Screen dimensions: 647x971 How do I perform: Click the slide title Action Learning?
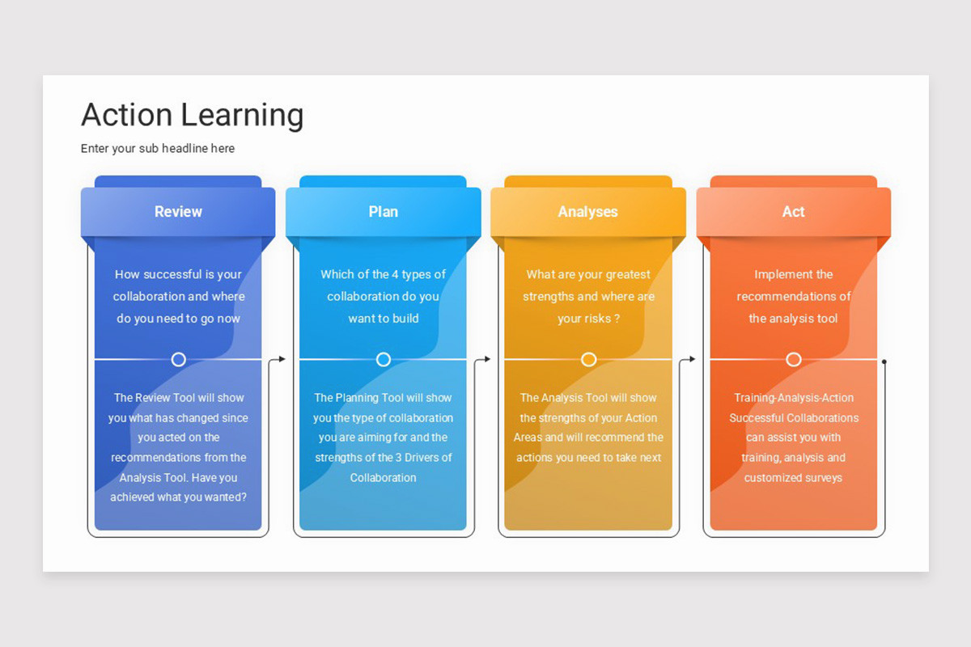[x=192, y=115]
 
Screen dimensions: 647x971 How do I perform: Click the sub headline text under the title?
[x=158, y=149]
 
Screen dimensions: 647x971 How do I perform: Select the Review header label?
[x=178, y=212]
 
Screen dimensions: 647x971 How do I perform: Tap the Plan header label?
[x=384, y=212]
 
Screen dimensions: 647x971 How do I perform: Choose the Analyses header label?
[x=588, y=212]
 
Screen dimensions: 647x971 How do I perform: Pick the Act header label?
[x=793, y=212]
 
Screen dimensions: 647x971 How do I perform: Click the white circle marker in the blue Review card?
[x=179, y=359]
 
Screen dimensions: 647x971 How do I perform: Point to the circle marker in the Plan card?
[x=384, y=359]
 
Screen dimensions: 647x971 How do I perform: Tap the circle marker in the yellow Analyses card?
[x=588, y=359]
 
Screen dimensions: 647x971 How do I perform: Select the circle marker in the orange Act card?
[x=794, y=359]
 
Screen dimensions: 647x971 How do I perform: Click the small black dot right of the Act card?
[x=884, y=362]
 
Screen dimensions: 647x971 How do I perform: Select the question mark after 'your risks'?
[x=617, y=319]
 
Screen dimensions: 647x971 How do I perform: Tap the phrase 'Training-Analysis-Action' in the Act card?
[x=793, y=398]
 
